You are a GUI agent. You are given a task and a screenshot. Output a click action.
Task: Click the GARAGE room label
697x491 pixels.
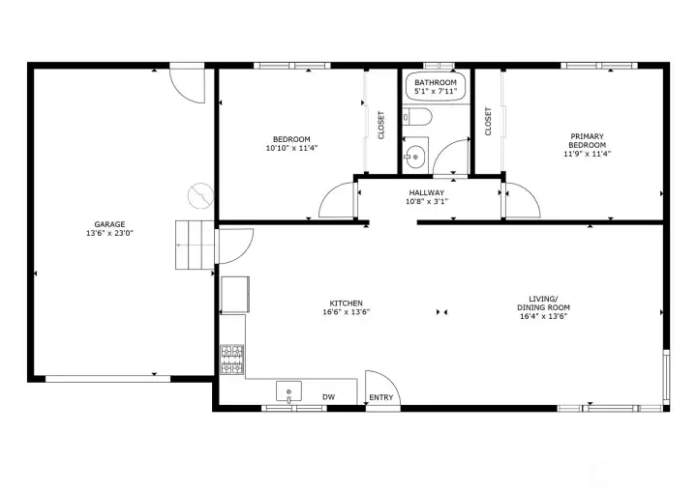click(108, 223)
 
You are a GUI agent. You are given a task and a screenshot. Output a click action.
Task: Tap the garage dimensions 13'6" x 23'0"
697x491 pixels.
click(108, 233)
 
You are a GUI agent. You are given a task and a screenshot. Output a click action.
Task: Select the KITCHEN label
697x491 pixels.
click(347, 303)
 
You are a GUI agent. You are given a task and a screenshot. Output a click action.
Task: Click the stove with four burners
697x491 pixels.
click(232, 360)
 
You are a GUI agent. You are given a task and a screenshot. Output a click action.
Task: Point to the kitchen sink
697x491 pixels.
click(288, 391)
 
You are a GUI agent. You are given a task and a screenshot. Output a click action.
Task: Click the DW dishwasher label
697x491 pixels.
click(328, 396)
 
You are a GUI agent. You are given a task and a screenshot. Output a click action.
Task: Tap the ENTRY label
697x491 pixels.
click(380, 397)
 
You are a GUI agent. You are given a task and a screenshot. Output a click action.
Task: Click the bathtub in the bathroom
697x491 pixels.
click(435, 87)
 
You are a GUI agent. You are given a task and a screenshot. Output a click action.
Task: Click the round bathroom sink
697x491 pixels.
click(415, 156)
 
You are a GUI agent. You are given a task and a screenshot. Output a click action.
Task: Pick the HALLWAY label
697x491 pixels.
click(426, 193)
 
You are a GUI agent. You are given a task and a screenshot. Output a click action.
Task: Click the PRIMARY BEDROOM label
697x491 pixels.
click(588, 141)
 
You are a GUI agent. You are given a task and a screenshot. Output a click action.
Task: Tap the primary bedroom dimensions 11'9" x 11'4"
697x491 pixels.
click(588, 154)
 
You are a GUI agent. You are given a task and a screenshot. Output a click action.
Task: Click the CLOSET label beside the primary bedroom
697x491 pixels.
click(488, 122)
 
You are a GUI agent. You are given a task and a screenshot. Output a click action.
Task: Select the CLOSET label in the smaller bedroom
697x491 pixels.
click(381, 125)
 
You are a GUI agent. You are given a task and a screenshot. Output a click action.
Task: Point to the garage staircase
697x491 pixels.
click(193, 245)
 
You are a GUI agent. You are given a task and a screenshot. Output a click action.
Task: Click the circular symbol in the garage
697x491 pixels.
click(197, 195)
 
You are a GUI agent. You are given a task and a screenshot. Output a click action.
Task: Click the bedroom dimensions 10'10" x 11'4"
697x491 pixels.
click(291, 148)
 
